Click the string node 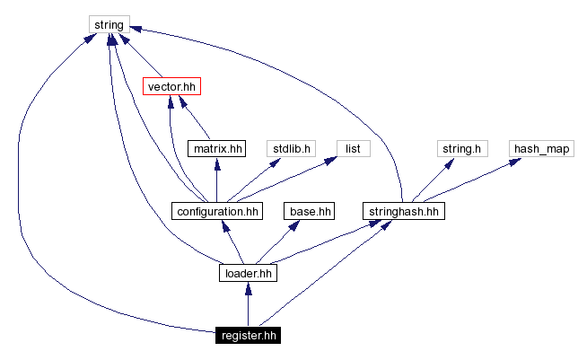point(109,24)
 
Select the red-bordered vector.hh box point(171,87)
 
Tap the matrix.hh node point(216,148)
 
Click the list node point(353,148)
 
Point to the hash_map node point(541,148)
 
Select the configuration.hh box point(216,212)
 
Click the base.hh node point(310,212)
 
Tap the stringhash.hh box point(404,212)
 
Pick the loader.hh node point(247,272)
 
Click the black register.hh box point(247,336)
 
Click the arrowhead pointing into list point(331,162)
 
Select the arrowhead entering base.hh point(293,226)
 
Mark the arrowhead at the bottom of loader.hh point(247,288)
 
